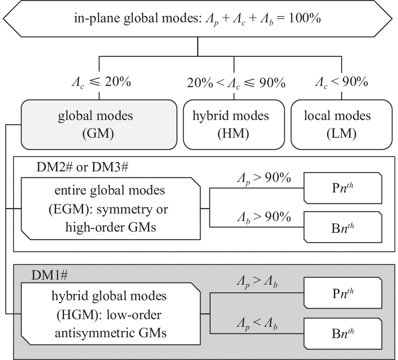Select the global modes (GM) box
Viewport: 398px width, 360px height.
[x=99, y=124]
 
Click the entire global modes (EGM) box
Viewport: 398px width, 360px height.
[x=110, y=209]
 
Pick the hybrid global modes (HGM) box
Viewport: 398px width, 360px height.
[x=110, y=314]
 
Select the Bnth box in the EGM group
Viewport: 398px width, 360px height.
[x=343, y=227]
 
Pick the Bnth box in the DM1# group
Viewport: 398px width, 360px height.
[x=343, y=332]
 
